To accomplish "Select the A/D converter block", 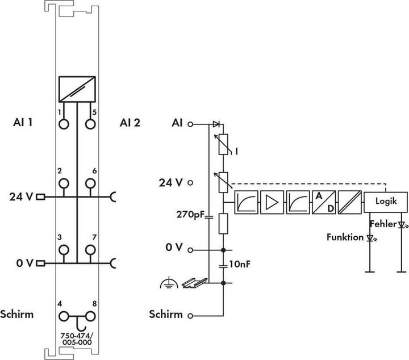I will tap(322, 202).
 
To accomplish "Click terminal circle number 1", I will tap(63, 124).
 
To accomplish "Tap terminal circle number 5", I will tap(90, 124).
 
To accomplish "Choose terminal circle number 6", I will tap(90, 183).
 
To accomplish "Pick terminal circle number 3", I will tap(63, 250).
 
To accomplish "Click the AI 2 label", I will tap(130, 122).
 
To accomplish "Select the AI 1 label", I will tap(23, 122).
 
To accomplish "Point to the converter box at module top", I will tap(76, 89).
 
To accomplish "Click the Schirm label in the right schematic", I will tap(166, 314).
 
